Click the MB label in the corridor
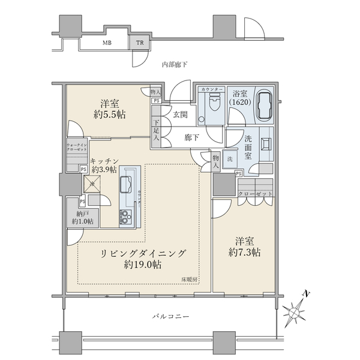tap(106, 43)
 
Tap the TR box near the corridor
tap(140, 43)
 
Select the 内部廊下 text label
tap(175, 64)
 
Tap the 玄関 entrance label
tap(181, 115)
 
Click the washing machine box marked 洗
tap(230, 160)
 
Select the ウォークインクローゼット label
tap(77, 147)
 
